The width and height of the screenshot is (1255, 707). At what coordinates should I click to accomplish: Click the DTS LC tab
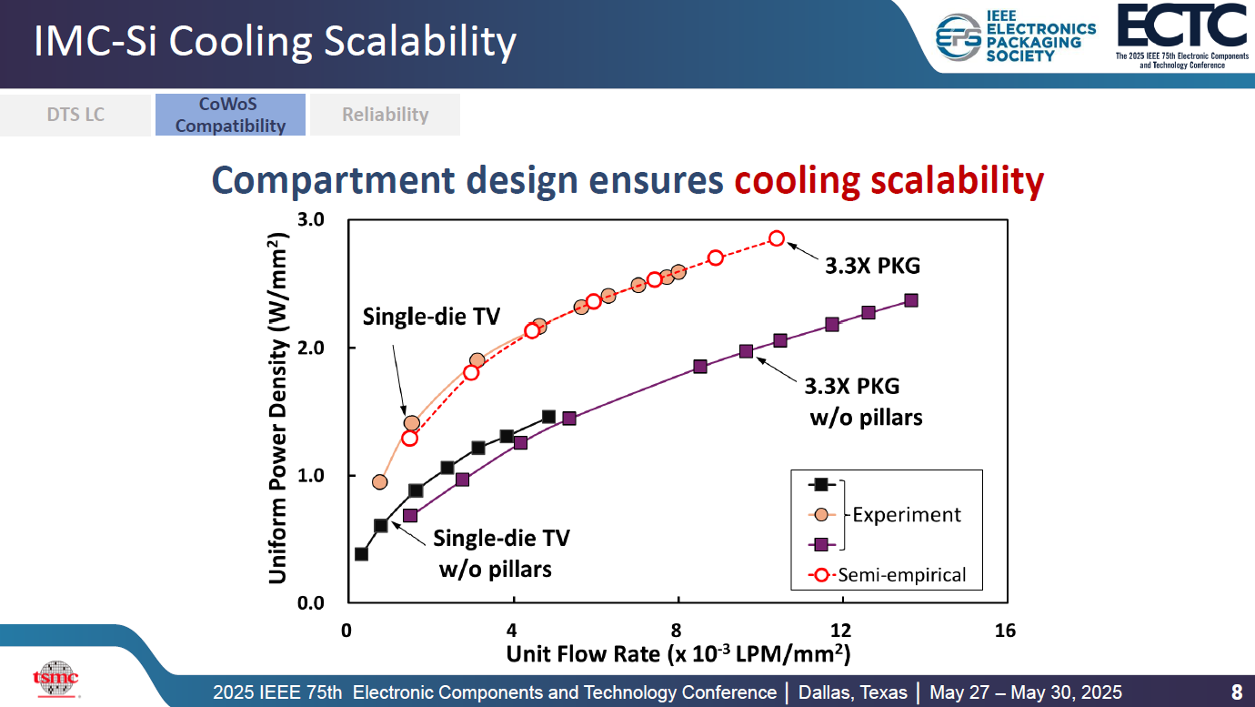(75, 115)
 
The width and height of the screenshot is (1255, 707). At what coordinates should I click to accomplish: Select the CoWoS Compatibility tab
(230, 115)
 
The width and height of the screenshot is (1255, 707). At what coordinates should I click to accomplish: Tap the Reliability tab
(385, 115)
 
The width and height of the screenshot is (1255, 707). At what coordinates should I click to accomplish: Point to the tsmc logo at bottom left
(55, 678)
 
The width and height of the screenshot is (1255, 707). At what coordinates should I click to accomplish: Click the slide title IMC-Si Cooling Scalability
(275, 42)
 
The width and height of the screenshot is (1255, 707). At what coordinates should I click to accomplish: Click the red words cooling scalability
(889, 181)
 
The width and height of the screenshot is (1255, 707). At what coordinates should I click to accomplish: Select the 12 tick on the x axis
(840, 631)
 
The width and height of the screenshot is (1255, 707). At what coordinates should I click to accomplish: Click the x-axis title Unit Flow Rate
(678, 654)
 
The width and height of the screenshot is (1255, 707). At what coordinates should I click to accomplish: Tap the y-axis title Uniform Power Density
(280, 408)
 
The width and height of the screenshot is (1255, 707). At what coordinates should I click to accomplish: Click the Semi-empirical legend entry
(901, 574)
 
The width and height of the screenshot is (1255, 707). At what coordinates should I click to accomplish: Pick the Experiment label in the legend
(906, 514)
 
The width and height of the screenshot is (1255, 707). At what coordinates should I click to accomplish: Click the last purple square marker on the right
(910, 300)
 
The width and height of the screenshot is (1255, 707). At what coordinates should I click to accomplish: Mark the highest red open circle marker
(776, 238)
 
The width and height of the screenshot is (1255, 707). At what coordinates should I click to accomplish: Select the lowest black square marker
(361, 554)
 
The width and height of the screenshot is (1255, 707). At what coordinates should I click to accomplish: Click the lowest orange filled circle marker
(380, 481)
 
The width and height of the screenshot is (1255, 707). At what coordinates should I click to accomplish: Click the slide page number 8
(1236, 692)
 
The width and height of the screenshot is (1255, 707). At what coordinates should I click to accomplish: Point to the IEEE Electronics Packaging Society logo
(1016, 38)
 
